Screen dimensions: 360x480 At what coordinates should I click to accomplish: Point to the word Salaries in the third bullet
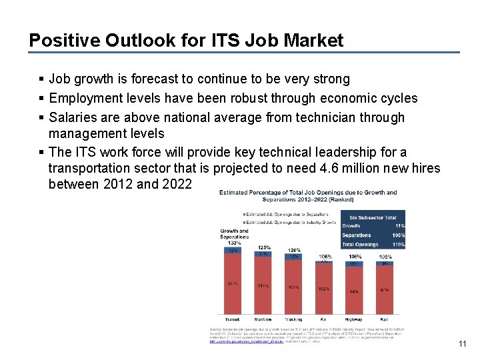click(x=74, y=117)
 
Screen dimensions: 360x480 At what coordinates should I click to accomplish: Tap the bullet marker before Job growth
click(x=42, y=79)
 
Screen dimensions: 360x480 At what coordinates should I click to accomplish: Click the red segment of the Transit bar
click(x=233, y=284)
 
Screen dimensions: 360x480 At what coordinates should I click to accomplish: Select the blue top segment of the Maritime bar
click(x=263, y=254)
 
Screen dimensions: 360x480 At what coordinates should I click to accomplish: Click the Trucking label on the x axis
click(x=293, y=319)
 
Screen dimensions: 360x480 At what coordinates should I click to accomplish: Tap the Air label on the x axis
click(x=324, y=319)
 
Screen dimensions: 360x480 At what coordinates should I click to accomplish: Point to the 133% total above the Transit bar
click(x=233, y=243)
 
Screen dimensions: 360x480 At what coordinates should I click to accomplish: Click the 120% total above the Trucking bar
click(x=294, y=250)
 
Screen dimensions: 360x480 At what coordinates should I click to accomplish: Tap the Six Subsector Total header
click(x=372, y=217)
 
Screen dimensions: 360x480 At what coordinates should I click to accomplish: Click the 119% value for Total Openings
click(x=399, y=245)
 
